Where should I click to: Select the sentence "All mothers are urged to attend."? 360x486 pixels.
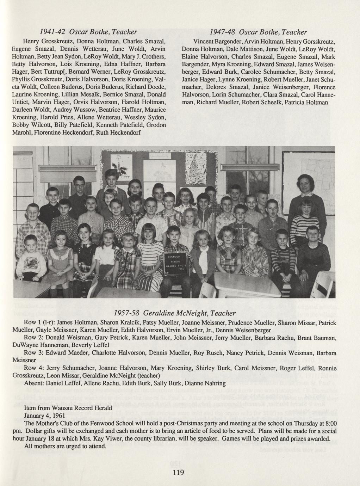coord(66,447)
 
